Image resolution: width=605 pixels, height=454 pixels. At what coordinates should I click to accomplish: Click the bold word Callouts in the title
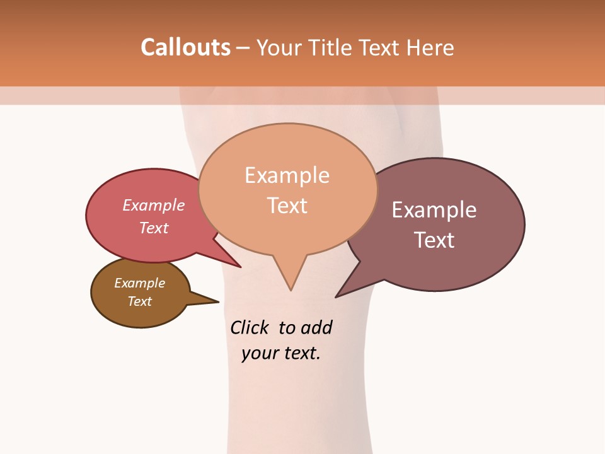185,47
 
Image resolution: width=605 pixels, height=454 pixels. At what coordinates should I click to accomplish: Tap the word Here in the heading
432,47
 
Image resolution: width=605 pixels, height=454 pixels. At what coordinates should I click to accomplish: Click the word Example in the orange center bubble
287,175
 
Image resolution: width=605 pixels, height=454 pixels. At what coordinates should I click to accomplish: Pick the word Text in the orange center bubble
287,205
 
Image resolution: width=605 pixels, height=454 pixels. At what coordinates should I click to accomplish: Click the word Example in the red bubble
154,205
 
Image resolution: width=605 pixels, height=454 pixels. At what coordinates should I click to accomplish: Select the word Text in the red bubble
154,228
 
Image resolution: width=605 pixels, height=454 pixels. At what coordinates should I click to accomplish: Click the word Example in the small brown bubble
139,283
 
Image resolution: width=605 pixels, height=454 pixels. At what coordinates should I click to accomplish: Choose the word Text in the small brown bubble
139,301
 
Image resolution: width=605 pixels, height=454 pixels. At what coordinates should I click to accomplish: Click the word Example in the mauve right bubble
434,210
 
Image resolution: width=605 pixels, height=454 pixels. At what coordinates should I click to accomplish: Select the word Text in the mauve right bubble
434,240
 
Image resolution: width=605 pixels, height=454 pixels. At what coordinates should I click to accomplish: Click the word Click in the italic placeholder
250,327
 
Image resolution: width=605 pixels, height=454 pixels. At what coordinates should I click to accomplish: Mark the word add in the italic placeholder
316,327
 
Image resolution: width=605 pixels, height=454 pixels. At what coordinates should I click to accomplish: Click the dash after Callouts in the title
243,47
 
